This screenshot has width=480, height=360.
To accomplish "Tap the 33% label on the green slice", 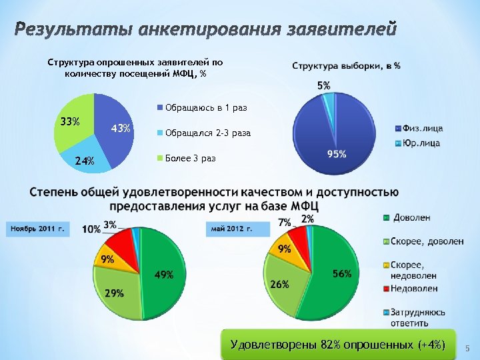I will pyautogui.click(x=70, y=122).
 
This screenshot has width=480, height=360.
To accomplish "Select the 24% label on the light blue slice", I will pyautogui.click(x=84, y=161).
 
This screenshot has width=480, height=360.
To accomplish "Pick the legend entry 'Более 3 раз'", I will pyautogui.click(x=186, y=159).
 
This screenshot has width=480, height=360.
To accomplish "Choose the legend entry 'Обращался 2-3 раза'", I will pyautogui.click(x=203, y=133).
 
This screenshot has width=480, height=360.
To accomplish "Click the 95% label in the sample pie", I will pyautogui.click(x=337, y=154).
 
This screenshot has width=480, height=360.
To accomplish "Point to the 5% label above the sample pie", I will pyautogui.click(x=323, y=85).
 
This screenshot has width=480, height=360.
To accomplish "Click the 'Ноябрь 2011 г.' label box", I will pyautogui.click(x=37, y=229).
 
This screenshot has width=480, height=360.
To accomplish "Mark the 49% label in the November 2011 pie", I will pyautogui.click(x=164, y=275).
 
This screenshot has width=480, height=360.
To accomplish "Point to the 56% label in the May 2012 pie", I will pyautogui.click(x=342, y=274).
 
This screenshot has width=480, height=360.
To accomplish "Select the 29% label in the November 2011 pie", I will pyautogui.click(x=113, y=293).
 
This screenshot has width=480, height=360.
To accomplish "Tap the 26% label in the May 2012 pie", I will pyautogui.click(x=280, y=284).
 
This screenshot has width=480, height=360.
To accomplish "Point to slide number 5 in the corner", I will pyautogui.click(x=467, y=348).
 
